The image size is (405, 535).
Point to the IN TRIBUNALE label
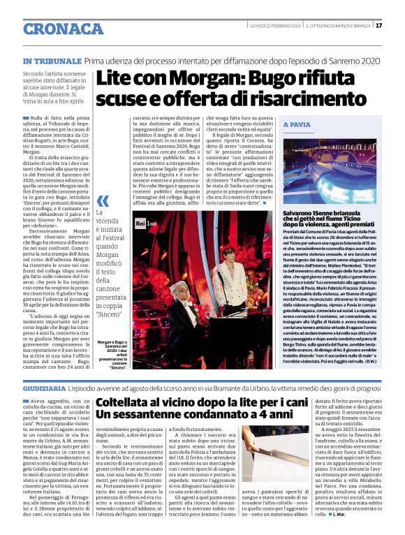coord(51,61)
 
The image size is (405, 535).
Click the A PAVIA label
coord(298,124)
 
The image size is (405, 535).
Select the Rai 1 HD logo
coord(145,222)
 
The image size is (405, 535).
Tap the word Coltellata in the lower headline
coord(131,403)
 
